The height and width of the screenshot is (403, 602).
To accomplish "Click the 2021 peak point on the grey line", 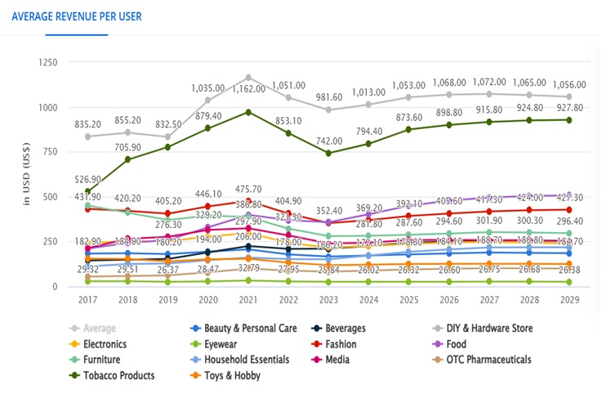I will [x=249, y=78].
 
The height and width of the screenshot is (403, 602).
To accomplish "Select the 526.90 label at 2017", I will [x=87, y=180].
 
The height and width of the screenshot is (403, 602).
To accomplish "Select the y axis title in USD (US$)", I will [x=25, y=176].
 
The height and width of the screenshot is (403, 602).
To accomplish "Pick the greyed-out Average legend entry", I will [x=100, y=329].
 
